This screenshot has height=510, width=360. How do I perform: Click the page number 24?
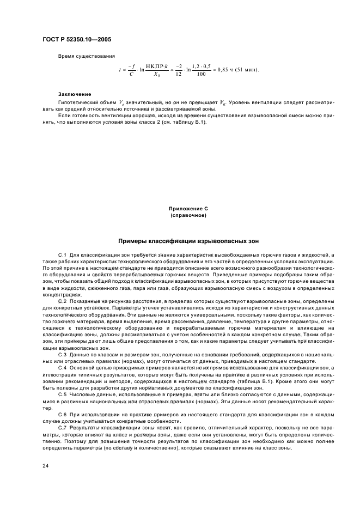45,466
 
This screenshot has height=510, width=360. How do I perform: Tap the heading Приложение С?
188,209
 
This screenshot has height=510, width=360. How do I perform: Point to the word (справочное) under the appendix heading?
188,215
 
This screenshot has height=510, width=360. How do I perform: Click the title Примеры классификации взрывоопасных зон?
188,240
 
